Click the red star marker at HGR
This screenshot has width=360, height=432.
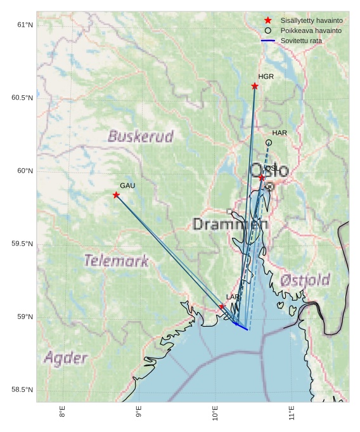click(x=255, y=86)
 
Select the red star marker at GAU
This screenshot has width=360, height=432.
click(x=116, y=195)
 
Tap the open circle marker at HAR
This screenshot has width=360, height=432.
click(x=269, y=143)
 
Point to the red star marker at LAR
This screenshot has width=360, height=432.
click(x=222, y=307)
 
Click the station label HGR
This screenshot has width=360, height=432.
click(x=266, y=77)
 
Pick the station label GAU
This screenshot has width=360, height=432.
click(x=127, y=186)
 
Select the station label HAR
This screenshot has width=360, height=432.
click(x=280, y=133)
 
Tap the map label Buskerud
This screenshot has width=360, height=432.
click(x=140, y=136)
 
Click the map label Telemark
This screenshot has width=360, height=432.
click(x=116, y=261)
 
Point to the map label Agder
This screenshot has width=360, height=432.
click(x=65, y=358)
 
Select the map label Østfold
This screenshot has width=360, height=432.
click(x=305, y=280)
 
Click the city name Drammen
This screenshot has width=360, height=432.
click(x=230, y=224)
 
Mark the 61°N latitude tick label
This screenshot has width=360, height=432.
click(x=25, y=25)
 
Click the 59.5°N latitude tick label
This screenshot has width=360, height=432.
click(x=22, y=244)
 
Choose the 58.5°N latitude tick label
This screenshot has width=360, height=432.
click(x=22, y=390)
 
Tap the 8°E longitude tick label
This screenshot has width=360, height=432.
click(x=62, y=412)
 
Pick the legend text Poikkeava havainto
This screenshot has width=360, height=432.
click(x=311, y=30)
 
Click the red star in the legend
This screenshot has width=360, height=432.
click(x=267, y=20)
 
